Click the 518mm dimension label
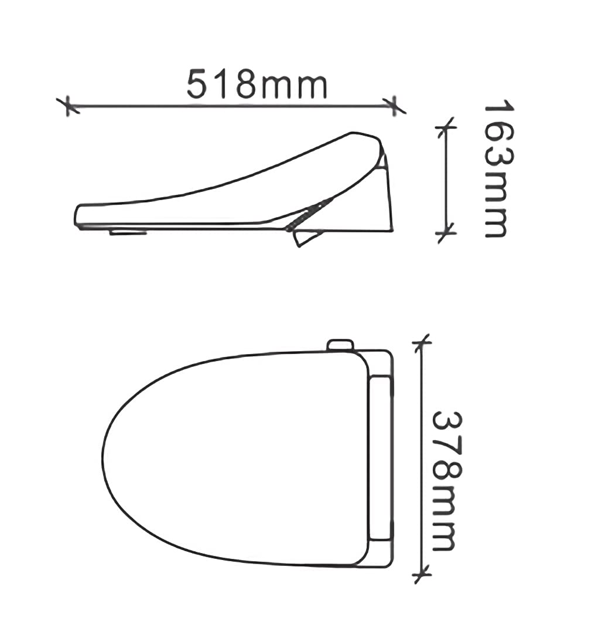[x=257, y=85]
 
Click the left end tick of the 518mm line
[x=69, y=105]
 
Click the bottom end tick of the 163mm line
[x=446, y=233]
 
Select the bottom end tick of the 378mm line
[x=420, y=574]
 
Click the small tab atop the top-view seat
[x=340, y=344]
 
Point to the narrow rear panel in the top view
[x=381, y=458]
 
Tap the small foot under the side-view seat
[x=128, y=232]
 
